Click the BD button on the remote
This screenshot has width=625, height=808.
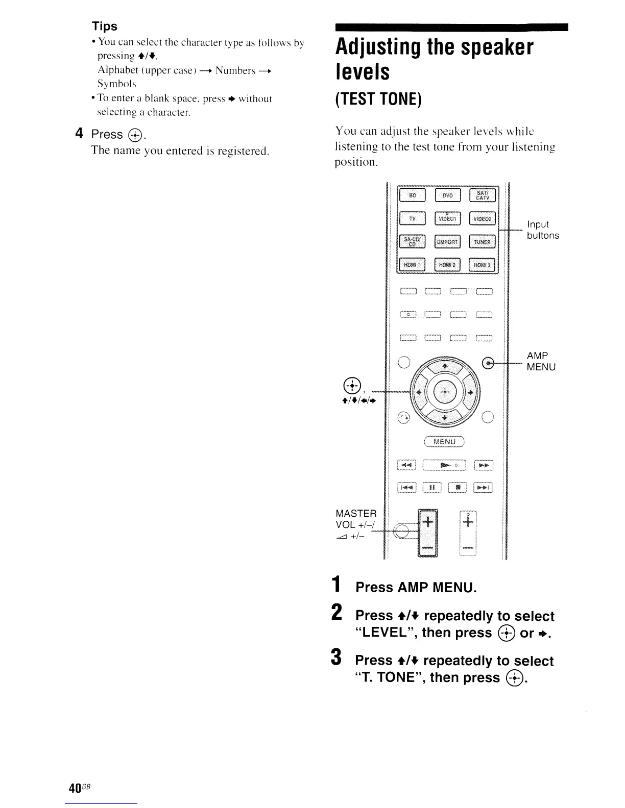413,195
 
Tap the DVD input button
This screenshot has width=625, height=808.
447,195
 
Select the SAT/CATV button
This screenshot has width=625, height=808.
482,195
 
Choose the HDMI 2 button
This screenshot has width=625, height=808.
447,265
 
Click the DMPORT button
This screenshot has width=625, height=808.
447,242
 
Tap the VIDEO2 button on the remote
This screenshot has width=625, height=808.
482,219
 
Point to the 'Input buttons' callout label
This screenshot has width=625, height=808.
543,230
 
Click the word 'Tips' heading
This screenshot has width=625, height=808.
104,26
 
